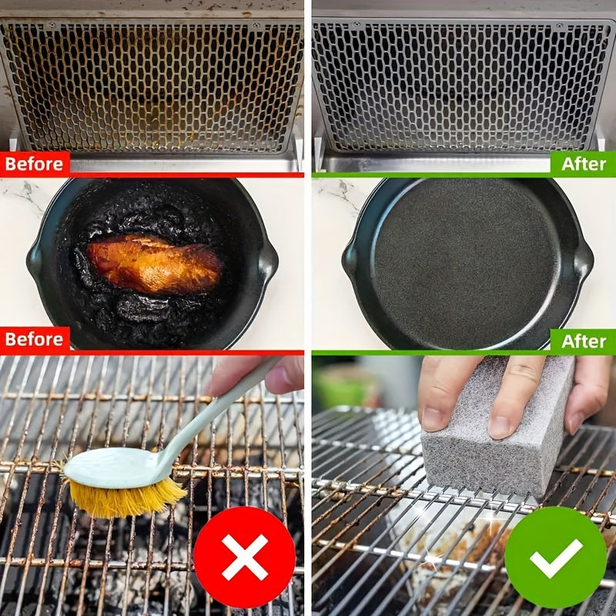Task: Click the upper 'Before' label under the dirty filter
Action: tap(35, 164)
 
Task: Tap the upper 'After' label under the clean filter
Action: tap(583, 164)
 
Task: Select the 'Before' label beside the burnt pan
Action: tap(35, 339)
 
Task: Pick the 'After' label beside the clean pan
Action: tap(583, 340)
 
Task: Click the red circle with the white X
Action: tap(244, 557)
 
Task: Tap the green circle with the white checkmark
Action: tap(555, 557)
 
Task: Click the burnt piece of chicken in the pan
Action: tap(154, 263)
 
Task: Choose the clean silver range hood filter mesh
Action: tap(464, 85)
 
